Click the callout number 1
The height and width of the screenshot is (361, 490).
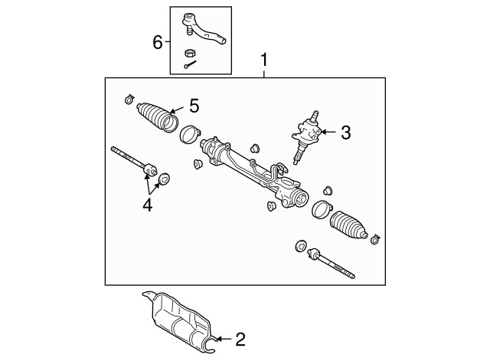coord(264,59)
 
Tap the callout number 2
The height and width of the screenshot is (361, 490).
coord(240,338)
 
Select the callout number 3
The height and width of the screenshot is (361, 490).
coord(345,133)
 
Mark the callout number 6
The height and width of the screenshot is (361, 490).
coord(157,41)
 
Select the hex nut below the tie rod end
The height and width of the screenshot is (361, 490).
coord(191,53)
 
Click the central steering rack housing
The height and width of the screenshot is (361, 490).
coord(253,169)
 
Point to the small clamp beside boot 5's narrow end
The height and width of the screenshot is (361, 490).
coord(128,100)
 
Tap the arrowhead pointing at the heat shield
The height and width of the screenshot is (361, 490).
coord(216,338)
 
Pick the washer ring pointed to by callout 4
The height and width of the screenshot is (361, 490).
coord(164,180)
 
